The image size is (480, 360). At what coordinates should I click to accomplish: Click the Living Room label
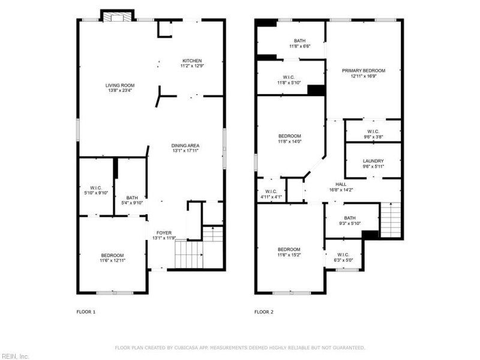click(x=119, y=85)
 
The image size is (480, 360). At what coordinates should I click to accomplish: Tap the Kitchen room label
click(x=192, y=60)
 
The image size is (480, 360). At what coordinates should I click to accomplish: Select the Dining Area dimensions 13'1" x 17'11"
click(x=185, y=151)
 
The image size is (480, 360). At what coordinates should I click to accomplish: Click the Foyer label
click(x=164, y=233)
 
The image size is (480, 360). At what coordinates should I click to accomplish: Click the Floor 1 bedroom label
click(x=112, y=255)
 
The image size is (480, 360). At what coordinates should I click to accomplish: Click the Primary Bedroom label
click(x=364, y=70)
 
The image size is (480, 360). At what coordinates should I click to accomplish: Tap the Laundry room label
click(x=373, y=161)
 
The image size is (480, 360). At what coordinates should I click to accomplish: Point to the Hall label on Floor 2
click(x=341, y=184)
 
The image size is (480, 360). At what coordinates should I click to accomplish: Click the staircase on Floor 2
click(x=391, y=220)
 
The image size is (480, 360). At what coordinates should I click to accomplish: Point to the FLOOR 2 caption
click(x=263, y=312)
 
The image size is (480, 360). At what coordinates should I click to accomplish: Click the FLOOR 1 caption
click(x=86, y=312)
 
